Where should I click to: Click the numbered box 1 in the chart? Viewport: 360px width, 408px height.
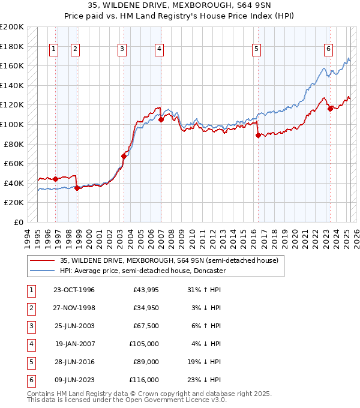point(54,49)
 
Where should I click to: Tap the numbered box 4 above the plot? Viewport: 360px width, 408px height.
point(159,49)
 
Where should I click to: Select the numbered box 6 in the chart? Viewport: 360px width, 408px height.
point(329,49)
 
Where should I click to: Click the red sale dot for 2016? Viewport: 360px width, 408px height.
point(258,136)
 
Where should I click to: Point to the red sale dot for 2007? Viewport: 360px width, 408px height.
point(161,119)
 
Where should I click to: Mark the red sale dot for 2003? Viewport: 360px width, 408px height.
point(124,156)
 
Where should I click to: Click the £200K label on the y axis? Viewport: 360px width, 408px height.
point(12,27)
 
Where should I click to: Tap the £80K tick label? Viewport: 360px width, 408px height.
point(14,144)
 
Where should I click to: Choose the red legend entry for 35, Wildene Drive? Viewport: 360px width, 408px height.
point(169,261)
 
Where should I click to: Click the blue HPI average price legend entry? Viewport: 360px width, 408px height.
point(142,271)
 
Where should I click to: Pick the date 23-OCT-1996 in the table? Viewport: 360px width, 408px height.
point(74,290)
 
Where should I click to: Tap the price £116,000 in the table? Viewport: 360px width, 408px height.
point(144,380)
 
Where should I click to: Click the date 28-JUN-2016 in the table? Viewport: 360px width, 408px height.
point(74,362)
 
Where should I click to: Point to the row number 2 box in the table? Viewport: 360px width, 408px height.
point(31,308)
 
